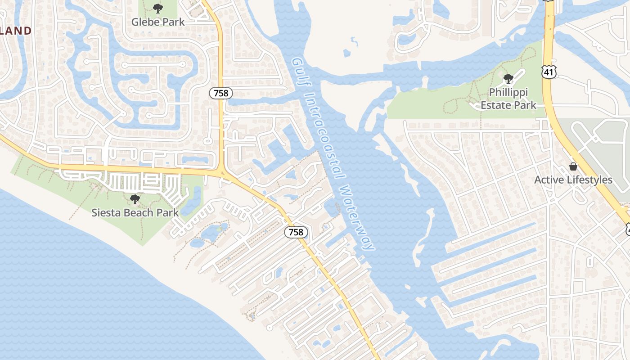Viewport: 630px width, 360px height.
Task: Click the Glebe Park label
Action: (x=158, y=22)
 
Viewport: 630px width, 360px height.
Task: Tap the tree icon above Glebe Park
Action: (x=158, y=8)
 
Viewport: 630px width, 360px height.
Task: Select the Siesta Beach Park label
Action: (x=135, y=212)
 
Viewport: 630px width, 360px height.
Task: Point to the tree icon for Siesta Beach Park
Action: (x=134, y=199)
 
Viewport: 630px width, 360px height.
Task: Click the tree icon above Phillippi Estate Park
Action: (x=508, y=79)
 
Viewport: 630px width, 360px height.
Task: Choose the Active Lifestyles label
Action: (x=573, y=180)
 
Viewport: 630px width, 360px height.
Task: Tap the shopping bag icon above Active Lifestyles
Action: (x=573, y=166)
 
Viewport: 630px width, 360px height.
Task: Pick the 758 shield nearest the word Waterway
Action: (x=296, y=232)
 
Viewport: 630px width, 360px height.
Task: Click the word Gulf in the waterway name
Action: (x=297, y=70)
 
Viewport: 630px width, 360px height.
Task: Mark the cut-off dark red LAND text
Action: (x=16, y=31)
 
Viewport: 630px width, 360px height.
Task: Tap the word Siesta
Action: (x=106, y=212)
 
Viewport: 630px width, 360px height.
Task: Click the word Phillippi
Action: (x=508, y=92)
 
